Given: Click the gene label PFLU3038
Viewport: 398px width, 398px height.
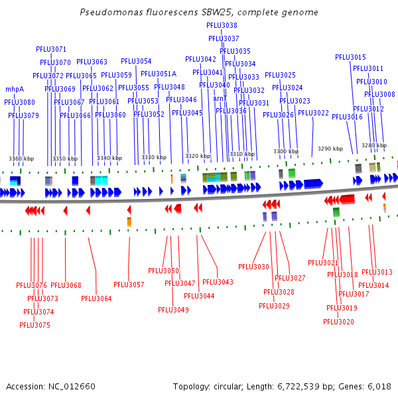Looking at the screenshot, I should click(x=222, y=25).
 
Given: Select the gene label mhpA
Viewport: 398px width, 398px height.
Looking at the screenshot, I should click(x=15, y=89).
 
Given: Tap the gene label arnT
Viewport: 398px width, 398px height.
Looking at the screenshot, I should click(x=220, y=98).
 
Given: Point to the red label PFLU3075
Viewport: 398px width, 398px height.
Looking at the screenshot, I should click(x=34, y=325).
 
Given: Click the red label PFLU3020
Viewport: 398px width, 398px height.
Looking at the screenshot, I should click(x=338, y=322).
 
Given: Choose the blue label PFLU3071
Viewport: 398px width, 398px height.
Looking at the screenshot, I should click(x=51, y=49).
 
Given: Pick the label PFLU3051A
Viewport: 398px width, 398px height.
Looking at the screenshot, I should click(x=158, y=74).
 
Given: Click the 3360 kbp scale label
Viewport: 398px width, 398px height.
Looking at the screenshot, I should click(x=21, y=159).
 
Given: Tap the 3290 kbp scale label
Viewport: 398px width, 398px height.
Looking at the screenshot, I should click(x=330, y=149).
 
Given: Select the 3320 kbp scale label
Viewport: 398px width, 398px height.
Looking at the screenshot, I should click(x=198, y=156).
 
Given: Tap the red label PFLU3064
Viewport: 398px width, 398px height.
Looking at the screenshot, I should click(x=96, y=298).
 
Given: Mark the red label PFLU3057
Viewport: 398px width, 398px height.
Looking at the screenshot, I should click(x=129, y=285).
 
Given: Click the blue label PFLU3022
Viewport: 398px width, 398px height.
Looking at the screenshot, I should click(x=313, y=113).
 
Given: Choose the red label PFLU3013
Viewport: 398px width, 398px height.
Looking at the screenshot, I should click(x=377, y=272).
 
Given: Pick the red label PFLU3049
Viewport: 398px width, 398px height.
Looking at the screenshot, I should click(x=173, y=310).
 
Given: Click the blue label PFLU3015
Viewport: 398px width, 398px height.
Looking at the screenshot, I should click(x=350, y=57).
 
